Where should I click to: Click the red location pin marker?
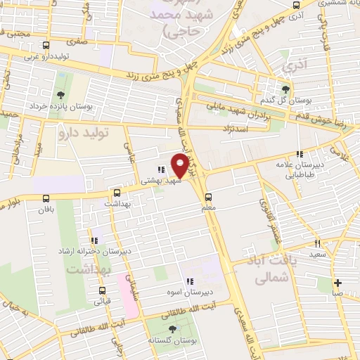(x=180, y=165)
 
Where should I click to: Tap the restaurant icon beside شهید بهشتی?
(x=161, y=169)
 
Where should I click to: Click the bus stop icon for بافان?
(x=46, y=199)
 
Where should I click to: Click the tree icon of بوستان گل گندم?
(x=285, y=89)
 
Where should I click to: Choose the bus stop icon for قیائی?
(x=103, y=290)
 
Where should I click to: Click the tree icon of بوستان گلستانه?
(x=173, y=328)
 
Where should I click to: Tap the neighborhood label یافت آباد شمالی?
(x=270, y=269)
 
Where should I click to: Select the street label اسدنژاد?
(x=236, y=128)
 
